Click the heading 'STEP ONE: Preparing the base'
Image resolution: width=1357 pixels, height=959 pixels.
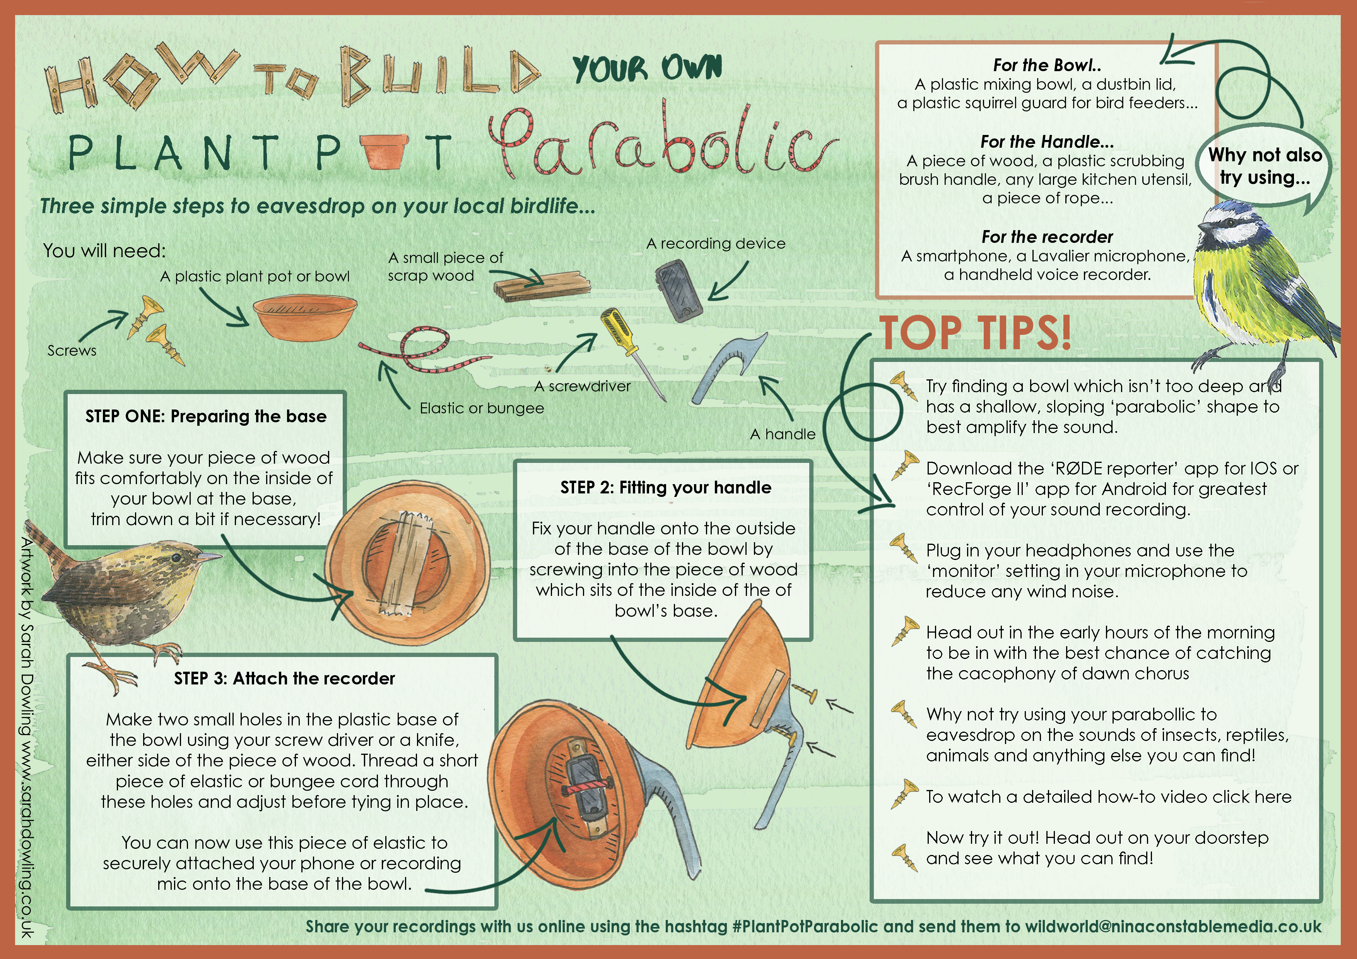(206, 416)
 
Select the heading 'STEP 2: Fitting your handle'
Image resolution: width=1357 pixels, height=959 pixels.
(665, 488)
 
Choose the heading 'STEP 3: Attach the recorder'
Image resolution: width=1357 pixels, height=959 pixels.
(284, 678)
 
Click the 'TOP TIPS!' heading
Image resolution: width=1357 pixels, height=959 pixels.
(975, 332)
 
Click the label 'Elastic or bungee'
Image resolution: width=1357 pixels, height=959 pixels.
(482, 408)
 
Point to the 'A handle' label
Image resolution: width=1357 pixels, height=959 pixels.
(783, 434)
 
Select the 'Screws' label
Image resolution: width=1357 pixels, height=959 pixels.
(72, 350)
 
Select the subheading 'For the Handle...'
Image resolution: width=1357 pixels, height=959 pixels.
(1047, 142)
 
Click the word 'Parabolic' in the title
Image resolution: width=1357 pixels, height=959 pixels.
(662, 142)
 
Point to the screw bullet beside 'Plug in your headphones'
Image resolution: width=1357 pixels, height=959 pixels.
(904, 548)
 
